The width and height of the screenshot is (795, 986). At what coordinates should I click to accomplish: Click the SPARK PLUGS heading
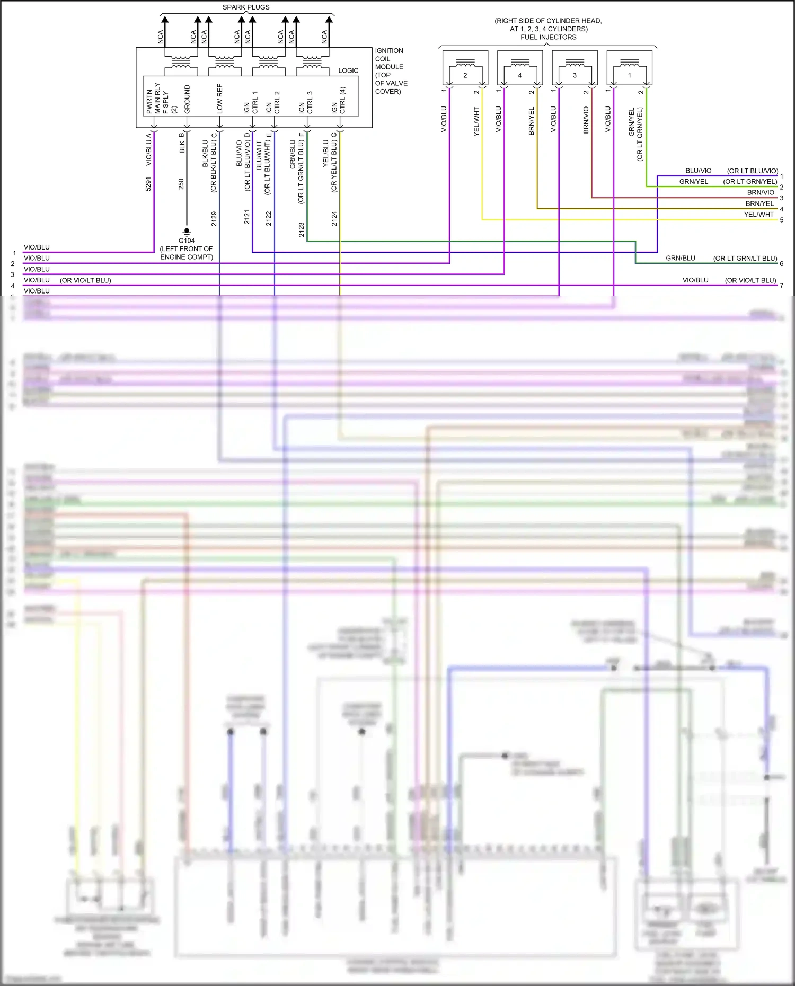(x=246, y=7)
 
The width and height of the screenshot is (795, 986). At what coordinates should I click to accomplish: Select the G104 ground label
(x=187, y=241)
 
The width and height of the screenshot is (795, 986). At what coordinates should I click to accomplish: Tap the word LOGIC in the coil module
(x=348, y=70)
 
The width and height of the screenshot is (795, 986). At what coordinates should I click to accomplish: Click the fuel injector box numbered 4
(x=520, y=68)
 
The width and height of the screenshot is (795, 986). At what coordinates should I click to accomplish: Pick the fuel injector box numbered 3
(x=575, y=68)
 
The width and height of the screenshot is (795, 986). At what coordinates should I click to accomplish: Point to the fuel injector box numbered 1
(x=629, y=68)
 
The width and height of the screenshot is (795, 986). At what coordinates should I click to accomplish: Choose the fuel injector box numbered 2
(x=465, y=68)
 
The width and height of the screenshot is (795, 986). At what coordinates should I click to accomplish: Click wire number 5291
(x=148, y=184)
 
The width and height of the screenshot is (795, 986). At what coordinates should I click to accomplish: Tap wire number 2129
(x=214, y=218)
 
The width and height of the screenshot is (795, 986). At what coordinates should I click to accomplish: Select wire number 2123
(x=301, y=229)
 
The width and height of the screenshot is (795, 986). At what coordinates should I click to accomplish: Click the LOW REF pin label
(x=220, y=99)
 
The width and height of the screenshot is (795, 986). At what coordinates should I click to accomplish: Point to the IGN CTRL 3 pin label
(x=306, y=102)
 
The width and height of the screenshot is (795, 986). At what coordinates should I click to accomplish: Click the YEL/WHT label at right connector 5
(x=758, y=215)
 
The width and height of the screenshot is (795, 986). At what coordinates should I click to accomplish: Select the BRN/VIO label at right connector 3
(x=761, y=192)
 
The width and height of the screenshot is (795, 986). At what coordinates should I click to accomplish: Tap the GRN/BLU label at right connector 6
(x=681, y=259)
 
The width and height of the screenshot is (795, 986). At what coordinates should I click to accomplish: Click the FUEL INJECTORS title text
(x=548, y=37)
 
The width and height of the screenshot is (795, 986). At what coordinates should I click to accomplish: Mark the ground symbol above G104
(x=187, y=232)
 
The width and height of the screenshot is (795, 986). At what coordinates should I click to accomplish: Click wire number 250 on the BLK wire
(x=181, y=184)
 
